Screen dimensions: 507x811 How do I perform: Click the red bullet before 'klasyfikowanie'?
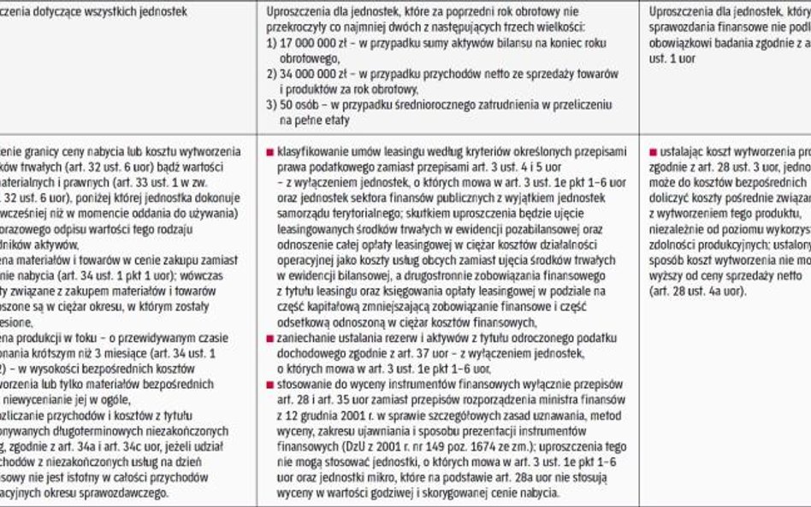(270, 150)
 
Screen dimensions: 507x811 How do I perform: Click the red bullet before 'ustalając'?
(653, 151)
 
